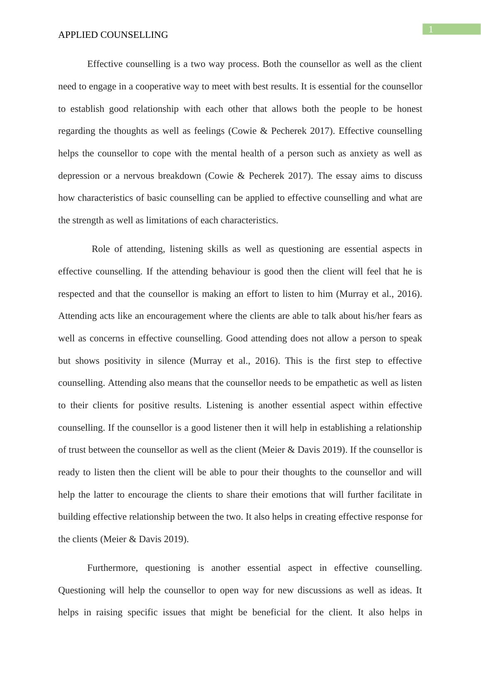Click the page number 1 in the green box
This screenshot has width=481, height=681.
[431, 30]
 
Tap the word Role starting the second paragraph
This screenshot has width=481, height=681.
[101, 249]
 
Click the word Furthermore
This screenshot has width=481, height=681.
[112, 568]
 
